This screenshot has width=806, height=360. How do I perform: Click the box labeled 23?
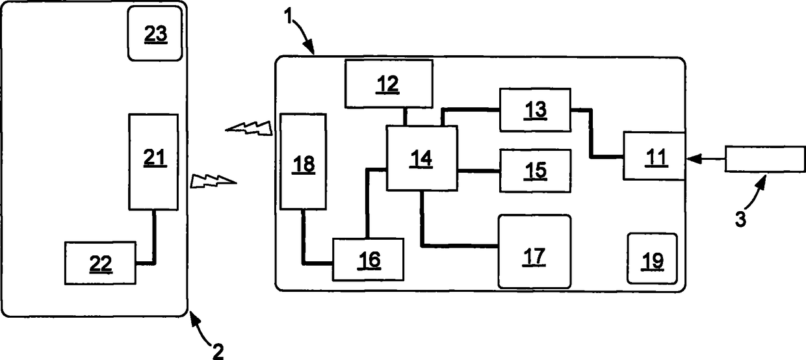coord(155,33)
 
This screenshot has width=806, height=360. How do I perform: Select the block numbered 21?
coord(153,162)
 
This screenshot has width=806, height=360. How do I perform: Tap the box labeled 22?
coord(100,263)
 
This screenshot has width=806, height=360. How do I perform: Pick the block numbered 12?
coord(389,84)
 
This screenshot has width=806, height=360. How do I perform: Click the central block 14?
coord(422,158)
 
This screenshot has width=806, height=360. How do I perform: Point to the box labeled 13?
coord(535,110)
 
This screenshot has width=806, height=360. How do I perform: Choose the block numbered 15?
coord(535,171)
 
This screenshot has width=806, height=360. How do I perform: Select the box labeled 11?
coord(654,156)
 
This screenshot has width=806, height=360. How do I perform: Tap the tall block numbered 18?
coord(304,161)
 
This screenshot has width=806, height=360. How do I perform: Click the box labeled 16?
coord(368,259)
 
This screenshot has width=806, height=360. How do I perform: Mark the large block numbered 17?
coord(535,251)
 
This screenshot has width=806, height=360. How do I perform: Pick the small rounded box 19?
coord(653,259)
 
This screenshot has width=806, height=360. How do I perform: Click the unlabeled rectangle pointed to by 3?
coord(765,159)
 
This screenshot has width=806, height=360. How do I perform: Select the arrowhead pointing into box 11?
coord(694,159)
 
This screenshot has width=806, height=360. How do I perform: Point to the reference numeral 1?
coord(289,16)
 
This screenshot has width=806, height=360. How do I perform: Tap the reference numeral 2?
coord(218,352)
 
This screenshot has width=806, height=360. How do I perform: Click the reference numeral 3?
coord(740,219)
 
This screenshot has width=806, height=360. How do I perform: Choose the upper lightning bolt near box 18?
coord(249,128)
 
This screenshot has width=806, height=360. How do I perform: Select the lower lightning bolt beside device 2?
coord(213,181)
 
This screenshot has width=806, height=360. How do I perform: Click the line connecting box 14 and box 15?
coord(478,171)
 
